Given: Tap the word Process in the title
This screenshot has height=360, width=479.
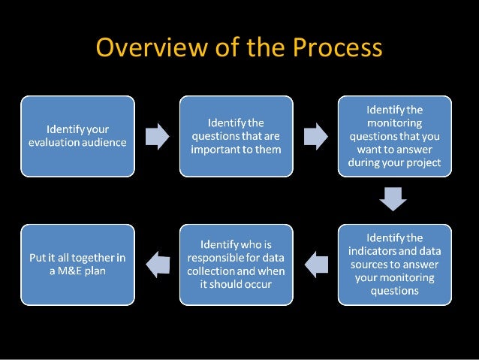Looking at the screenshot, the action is [x=337, y=48].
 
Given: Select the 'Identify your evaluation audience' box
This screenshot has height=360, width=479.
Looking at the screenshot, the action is [x=77, y=135].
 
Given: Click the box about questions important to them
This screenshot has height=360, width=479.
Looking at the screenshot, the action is [x=236, y=135].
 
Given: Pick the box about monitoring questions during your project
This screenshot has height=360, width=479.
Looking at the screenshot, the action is [x=394, y=135].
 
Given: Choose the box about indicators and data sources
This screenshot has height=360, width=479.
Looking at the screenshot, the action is [x=394, y=264].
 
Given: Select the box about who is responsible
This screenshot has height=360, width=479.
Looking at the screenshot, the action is [x=236, y=264].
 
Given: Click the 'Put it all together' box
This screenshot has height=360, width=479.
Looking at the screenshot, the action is [x=77, y=264].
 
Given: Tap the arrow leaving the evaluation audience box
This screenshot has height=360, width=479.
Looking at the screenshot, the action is [x=157, y=135].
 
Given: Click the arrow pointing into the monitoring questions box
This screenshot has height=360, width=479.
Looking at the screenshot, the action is [x=315, y=135].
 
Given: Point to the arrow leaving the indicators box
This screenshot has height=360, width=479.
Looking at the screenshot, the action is [x=315, y=264].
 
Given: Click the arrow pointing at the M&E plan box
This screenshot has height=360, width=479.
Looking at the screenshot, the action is [x=157, y=264].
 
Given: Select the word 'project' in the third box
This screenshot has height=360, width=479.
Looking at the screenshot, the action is [x=423, y=162].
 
